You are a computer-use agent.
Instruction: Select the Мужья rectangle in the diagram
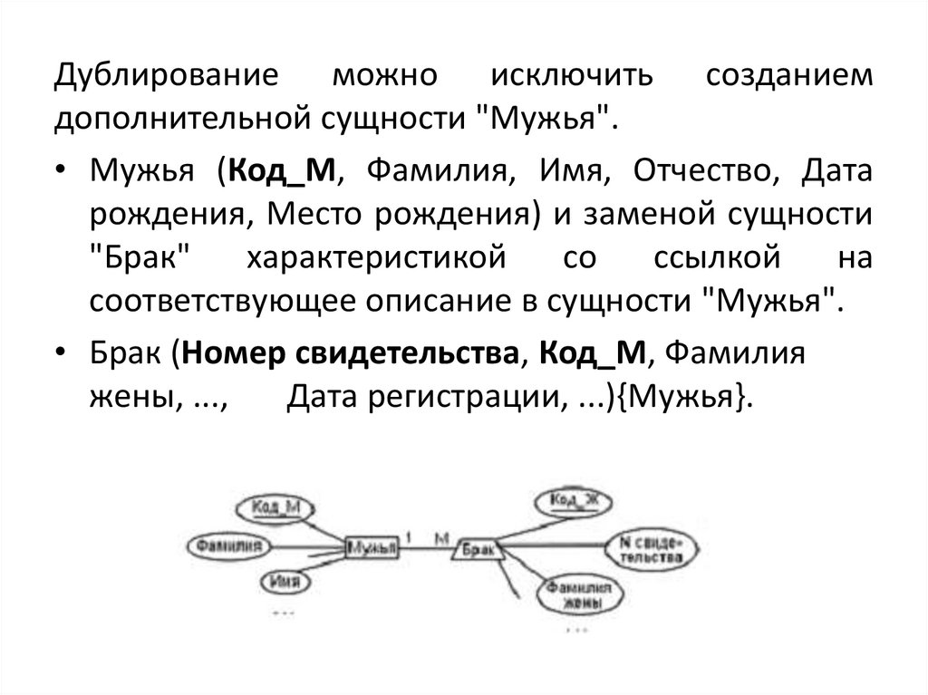[x=372, y=547]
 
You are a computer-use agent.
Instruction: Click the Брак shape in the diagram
[x=476, y=548]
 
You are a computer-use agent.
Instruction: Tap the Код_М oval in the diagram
[x=276, y=508]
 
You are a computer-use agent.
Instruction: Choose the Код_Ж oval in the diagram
[x=575, y=500]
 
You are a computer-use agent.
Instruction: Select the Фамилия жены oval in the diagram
[x=575, y=596]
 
